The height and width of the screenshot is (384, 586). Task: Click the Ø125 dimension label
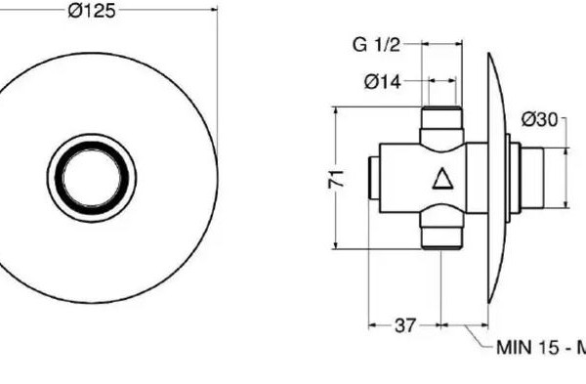click(92, 11)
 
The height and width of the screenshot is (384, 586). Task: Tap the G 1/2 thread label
click(376, 45)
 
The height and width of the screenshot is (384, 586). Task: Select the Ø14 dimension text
click(382, 82)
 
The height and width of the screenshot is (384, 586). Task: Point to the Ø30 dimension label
click(539, 120)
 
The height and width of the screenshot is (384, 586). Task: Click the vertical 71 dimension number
click(336, 179)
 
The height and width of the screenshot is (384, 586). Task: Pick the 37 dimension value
click(404, 325)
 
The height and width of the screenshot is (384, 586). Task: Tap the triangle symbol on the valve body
click(442, 179)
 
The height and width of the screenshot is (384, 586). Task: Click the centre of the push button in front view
click(92, 178)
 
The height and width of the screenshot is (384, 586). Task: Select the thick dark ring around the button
click(92, 145)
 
